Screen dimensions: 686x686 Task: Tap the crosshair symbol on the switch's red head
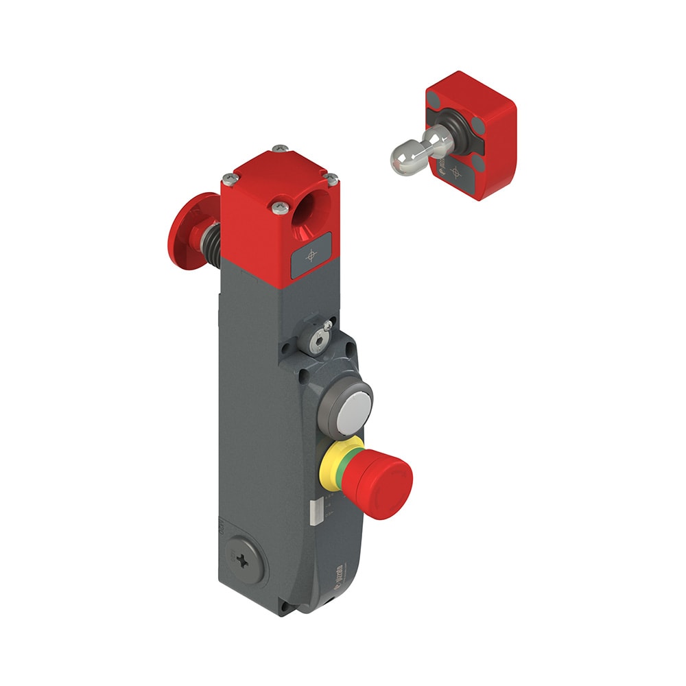point(313,256)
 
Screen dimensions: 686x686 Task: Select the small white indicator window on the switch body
point(314,512)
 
